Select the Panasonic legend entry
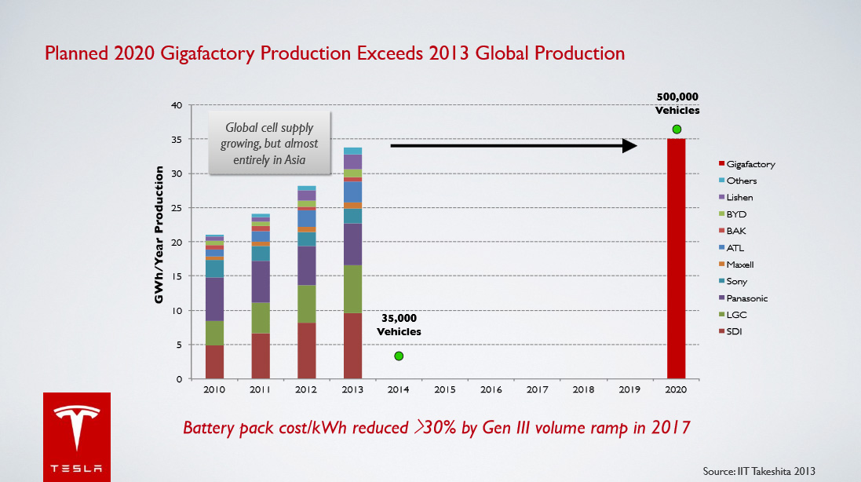746,298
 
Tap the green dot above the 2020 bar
677,130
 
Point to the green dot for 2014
399,356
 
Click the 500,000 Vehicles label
677,104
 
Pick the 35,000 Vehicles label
399,325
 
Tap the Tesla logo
76,436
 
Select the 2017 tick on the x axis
537,389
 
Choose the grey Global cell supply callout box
269,141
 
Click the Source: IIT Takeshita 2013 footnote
759,471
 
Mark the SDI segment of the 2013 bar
352,346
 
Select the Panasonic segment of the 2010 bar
215,299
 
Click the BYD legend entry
736,214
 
